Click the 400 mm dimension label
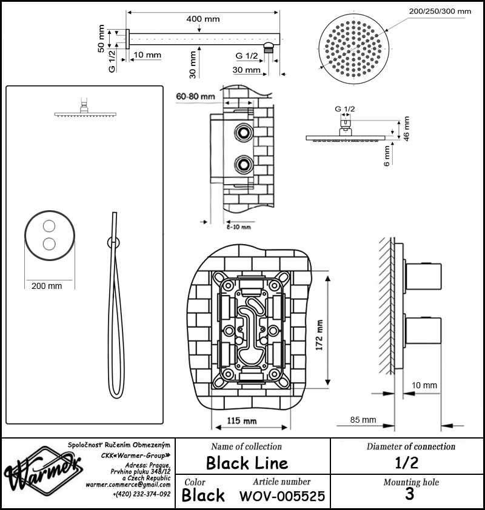202,19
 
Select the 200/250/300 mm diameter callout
440,12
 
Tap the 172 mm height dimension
319,335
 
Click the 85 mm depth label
363,420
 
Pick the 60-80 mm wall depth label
195,96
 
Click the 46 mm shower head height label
406,129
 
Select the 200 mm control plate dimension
47,286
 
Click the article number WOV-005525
283,495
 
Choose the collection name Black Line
247,463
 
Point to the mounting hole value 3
409,494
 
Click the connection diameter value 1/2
407,462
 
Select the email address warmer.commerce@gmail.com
128,485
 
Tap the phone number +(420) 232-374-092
142,494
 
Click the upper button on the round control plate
49,226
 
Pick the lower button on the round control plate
49,243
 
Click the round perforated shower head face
354,49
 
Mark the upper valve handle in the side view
423,276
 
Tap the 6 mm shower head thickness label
386,156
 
